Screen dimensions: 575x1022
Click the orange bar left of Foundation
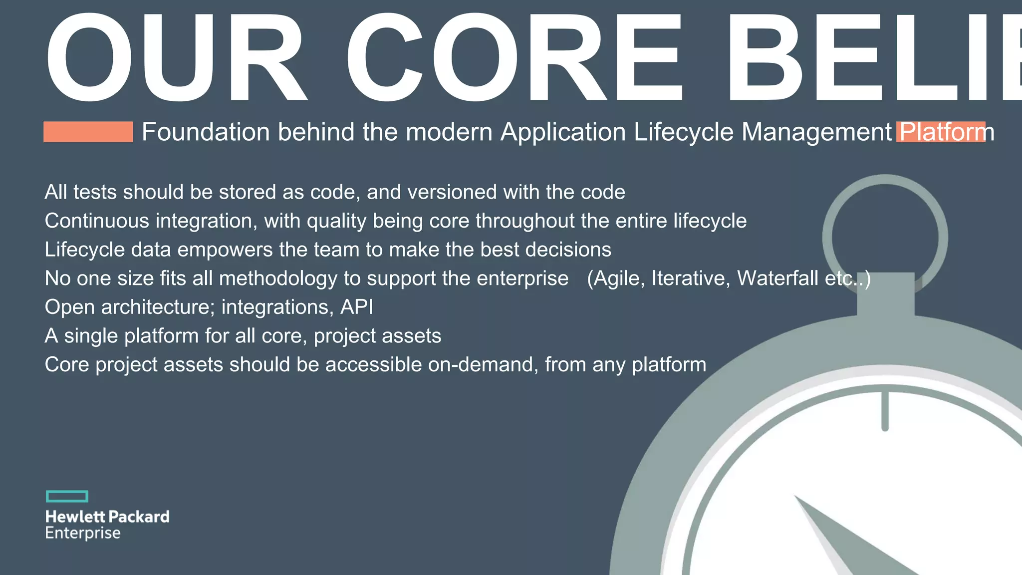[x=88, y=132]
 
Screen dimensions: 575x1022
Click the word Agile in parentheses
[x=616, y=279]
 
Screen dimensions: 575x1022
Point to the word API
[x=356, y=307]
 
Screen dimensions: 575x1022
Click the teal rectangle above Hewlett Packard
[x=67, y=496]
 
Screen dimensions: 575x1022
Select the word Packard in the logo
[x=139, y=517]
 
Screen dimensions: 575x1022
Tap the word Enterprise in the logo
[x=83, y=533]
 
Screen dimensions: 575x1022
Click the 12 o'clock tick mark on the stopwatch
[x=885, y=411]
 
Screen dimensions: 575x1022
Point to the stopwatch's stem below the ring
[x=886, y=294]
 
